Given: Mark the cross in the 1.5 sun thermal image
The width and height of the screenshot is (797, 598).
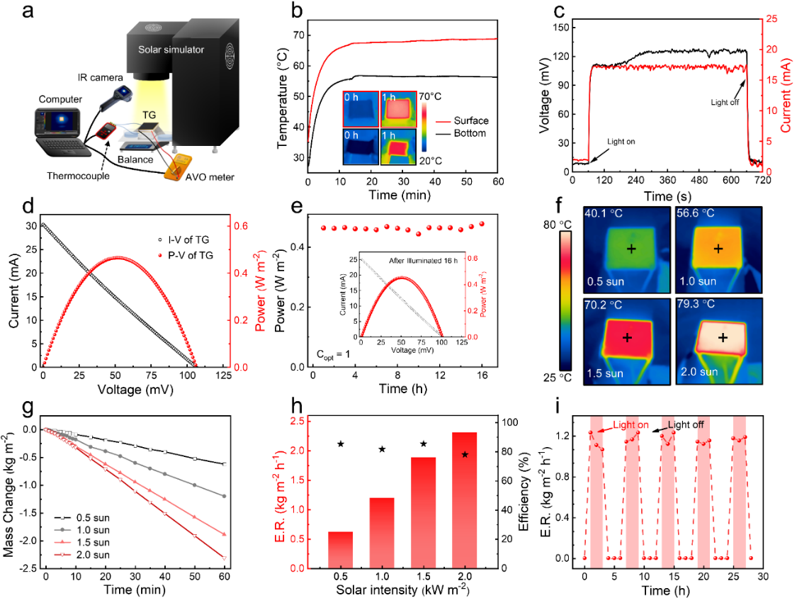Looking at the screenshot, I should pyautogui.click(x=627, y=337).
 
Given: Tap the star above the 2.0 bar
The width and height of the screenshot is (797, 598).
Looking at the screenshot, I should pyautogui.click(x=465, y=454).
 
